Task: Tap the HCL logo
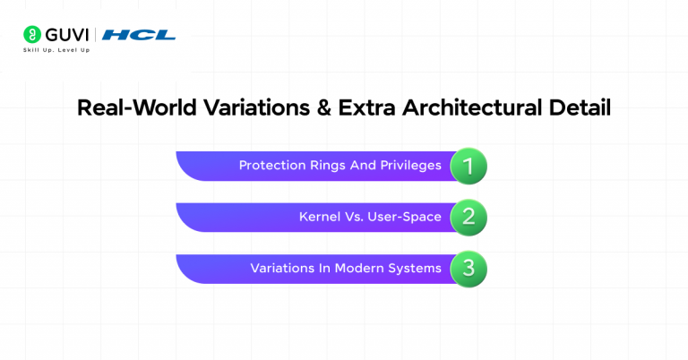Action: (x=138, y=35)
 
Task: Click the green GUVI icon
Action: (x=30, y=35)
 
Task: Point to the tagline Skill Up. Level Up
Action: (x=56, y=50)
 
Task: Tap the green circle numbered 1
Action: (x=468, y=166)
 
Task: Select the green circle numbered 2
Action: (x=468, y=218)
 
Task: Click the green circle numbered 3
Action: (x=468, y=269)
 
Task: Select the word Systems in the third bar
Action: (x=412, y=269)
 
